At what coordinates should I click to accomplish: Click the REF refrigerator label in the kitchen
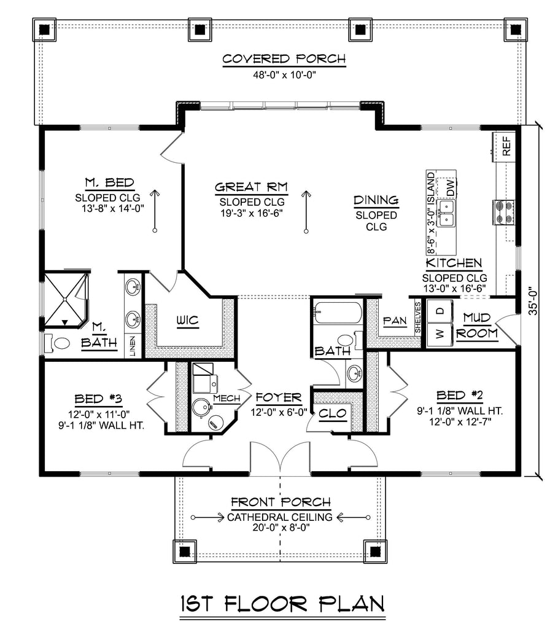click(506, 146)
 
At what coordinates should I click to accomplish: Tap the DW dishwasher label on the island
click(450, 187)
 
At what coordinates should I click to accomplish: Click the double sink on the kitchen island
click(446, 213)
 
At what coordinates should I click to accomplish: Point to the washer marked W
click(440, 334)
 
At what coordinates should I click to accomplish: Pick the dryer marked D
click(440, 311)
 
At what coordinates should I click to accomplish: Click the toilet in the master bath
click(58, 343)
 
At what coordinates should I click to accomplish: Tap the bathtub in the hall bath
click(338, 313)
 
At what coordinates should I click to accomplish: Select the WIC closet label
click(188, 321)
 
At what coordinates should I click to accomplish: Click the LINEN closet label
click(133, 346)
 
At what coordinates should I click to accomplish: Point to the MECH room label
click(227, 398)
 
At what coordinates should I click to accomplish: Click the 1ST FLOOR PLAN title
click(283, 604)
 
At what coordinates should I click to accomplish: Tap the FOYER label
click(279, 397)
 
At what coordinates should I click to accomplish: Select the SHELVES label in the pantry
click(418, 318)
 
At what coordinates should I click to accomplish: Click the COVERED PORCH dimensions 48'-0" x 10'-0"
click(284, 75)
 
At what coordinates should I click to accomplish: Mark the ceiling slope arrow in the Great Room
click(307, 211)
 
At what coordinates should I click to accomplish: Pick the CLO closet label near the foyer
click(332, 413)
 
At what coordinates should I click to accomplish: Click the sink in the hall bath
click(354, 373)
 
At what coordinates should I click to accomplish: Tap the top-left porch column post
click(44, 29)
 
